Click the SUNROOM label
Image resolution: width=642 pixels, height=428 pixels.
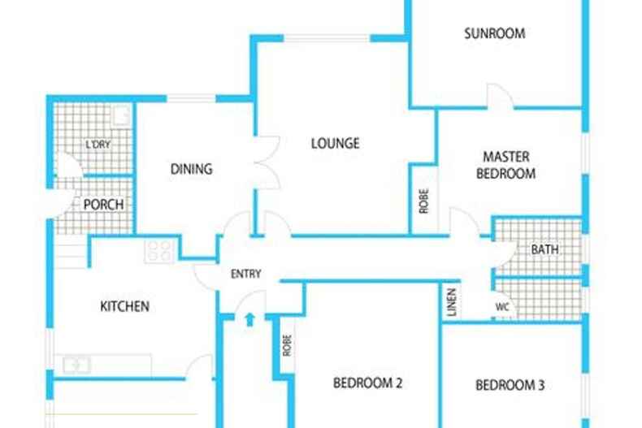tap(495, 33)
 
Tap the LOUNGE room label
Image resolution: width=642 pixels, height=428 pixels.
tap(336, 143)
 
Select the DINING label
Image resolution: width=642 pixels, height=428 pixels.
tap(191, 169)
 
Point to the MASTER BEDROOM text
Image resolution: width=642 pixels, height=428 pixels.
tap(505, 165)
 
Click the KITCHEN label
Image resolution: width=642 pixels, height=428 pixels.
tap(124, 306)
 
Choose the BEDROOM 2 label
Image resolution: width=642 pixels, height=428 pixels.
tap(367, 383)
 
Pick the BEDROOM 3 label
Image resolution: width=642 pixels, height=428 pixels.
tap(510, 385)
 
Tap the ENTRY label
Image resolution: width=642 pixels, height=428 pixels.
tap(245, 274)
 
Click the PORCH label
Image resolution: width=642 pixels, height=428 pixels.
tap(103, 205)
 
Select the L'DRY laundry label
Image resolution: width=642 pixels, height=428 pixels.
tap(98, 145)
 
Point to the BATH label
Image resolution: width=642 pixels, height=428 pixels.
tap(544, 249)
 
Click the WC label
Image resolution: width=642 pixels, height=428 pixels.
tap(502, 306)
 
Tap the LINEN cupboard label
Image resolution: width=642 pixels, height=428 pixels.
tap(452, 302)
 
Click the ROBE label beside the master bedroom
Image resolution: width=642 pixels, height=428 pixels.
tap(423, 201)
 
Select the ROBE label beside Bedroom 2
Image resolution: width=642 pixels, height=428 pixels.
tap(287, 345)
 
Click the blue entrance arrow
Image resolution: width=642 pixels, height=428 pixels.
tap(249, 319)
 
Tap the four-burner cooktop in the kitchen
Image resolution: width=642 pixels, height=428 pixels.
tap(160, 250)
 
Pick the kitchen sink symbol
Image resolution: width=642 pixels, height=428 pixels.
tap(76, 365)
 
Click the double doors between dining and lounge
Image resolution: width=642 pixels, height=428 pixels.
tap(267, 163)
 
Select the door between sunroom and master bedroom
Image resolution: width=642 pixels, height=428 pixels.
tap(500, 96)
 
